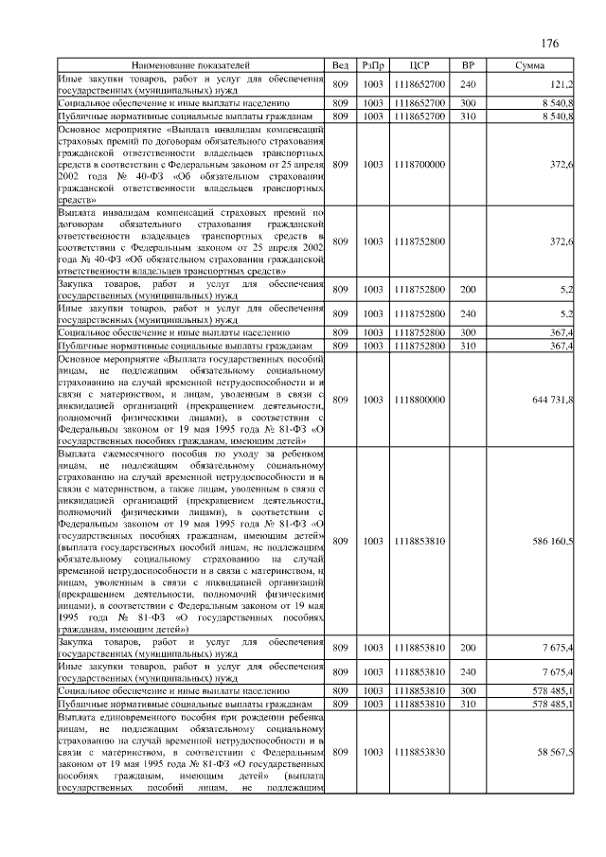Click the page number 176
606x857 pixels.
pos(550,44)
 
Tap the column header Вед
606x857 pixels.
pos(341,65)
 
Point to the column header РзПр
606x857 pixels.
pos(372,65)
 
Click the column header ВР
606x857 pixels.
pos(467,65)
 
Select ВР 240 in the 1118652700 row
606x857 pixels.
pos(467,84)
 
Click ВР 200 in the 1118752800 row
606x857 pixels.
pos(467,290)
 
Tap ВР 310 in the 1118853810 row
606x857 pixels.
pos(467,705)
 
